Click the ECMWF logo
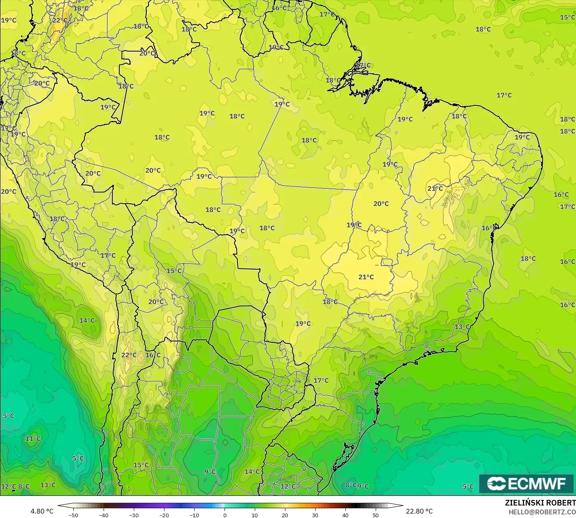pos(526,483)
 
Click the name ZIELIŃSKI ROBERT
pos(540,503)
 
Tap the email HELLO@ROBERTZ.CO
pos(542,512)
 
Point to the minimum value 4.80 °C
pos(42,511)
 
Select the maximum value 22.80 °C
pos(419,511)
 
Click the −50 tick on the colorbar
pos(73,515)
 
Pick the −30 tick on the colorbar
pos(134,515)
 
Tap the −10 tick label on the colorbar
pos(194,515)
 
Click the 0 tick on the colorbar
pos(225,515)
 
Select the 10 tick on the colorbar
pos(255,515)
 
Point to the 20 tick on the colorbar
pos(285,515)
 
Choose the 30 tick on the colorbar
pos(315,515)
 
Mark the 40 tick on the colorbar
pos(345,515)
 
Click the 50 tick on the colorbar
pos(376,515)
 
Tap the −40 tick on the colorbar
pos(104,515)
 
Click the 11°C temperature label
pos(33,439)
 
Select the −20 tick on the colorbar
pos(164,515)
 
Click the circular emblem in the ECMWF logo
pos(496,483)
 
